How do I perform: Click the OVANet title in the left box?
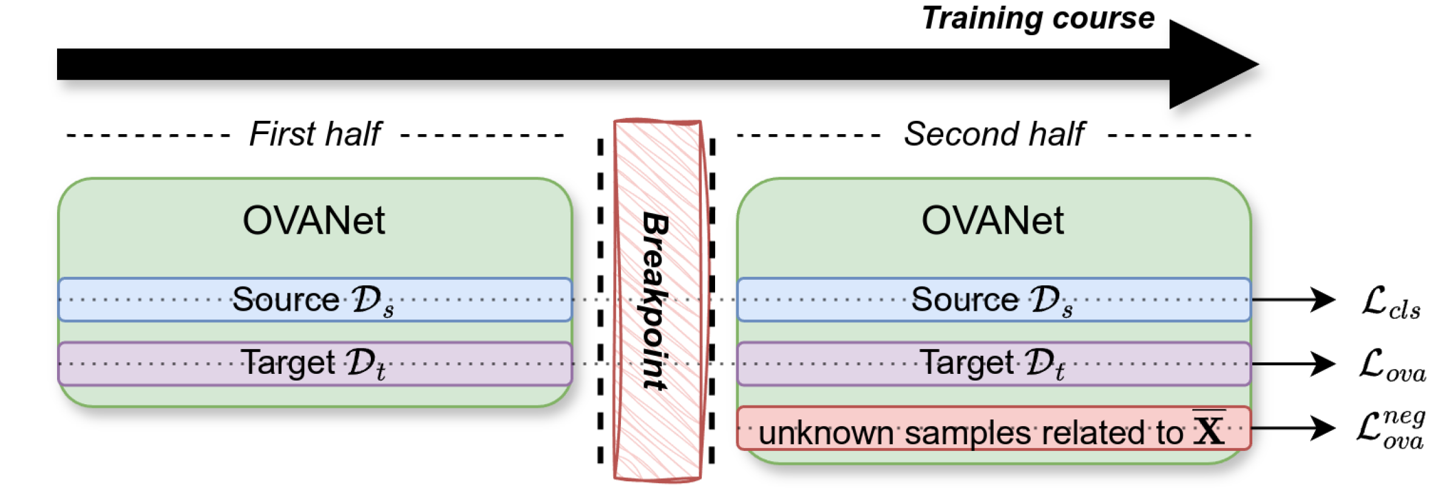tap(314, 220)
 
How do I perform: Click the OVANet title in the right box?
tap(992, 220)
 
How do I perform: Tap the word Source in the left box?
tap(285, 299)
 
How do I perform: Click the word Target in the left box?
tap(288, 363)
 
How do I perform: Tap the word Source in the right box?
tap(965, 299)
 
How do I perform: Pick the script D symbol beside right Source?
tap(1045, 299)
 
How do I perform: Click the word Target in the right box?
tap(966, 363)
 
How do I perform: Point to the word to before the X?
tap(1170, 433)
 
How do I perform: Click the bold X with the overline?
tap(1209, 430)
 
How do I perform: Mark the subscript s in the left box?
tap(388, 311)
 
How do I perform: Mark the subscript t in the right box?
tap(1060, 372)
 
